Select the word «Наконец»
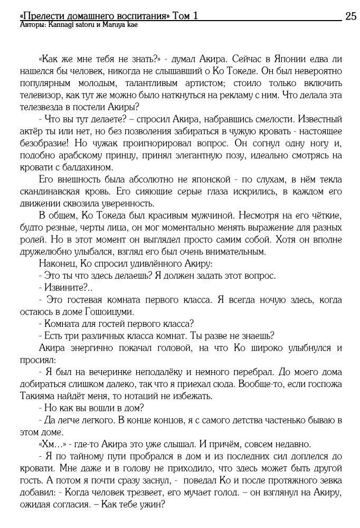pyautogui.click(x=58, y=264)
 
